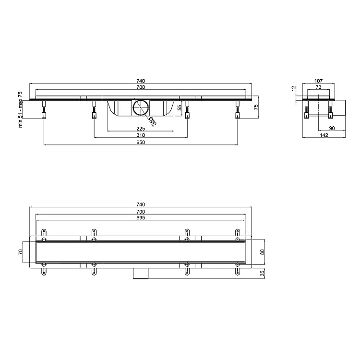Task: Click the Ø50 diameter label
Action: click(x=153, y=121)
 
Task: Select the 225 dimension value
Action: click(x=141, y=129)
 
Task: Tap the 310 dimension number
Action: click(x=141, y=135)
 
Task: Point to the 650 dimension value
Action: click(x=141, y=143)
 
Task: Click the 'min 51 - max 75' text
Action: click(x=21, y=110)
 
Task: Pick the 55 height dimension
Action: click(x=180, y=108)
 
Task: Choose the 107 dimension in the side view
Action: click(x=318, y=81)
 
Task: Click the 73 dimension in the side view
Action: click(x=318, y=87)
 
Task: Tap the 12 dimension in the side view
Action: click(x=294, y=89)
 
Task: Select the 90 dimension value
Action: click(x=332, y=128)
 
